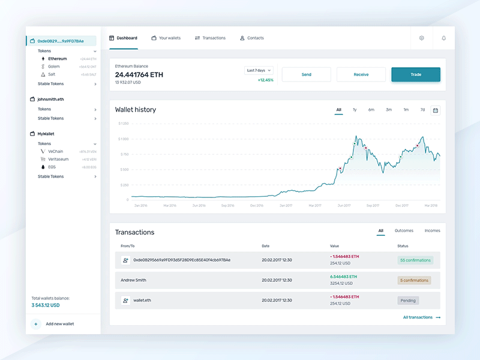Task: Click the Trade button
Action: pos(416,74)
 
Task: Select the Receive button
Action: pos(361,74)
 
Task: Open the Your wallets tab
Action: pos(166,38)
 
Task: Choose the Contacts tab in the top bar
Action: pos(251,38)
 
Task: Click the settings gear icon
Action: pos(422,38)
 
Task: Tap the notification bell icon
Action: pos(444,38)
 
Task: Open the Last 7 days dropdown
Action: pos(259,70)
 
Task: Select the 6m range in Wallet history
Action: pos(371,110)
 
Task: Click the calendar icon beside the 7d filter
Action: pos(436,110)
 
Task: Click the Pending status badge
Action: pos(408,300)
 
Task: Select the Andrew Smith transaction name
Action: pos(133,280)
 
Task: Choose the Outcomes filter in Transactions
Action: pos(404,230)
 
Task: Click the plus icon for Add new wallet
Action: pos(36,324)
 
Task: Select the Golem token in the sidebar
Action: pos(54,67)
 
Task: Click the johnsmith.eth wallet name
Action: pos(50,99)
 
